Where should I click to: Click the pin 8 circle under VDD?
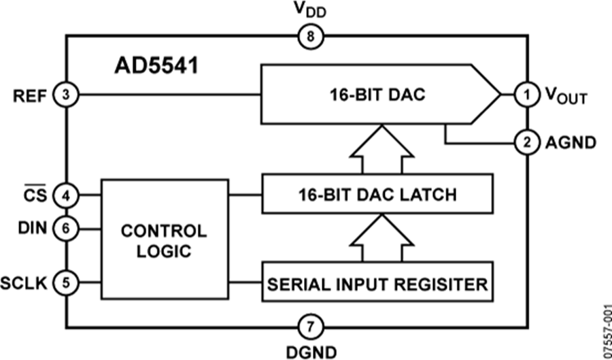(309, 37)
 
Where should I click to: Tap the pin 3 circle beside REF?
(66, 95)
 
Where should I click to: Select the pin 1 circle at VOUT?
(525, 95)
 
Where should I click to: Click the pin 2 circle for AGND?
(525, 143)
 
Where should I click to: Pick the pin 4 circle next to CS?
(66, 195)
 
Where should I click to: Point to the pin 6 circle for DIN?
(66, 229)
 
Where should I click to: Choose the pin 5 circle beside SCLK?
(66, 282)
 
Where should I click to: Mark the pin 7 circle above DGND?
(309, 325)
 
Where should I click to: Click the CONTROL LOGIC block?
(164, 240)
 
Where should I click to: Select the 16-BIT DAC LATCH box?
(377, 195)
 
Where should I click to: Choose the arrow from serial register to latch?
(380, 238)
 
